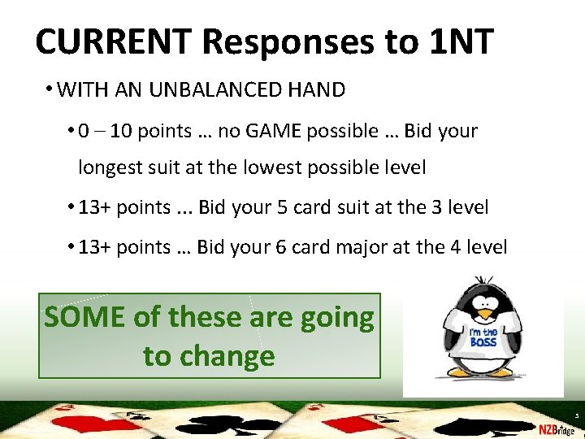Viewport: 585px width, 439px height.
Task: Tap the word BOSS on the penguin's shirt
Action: [x=482, y=341]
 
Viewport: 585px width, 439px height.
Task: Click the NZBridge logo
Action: [x=557, y=428]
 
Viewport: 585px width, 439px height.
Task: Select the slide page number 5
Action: [x=576, y=415]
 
